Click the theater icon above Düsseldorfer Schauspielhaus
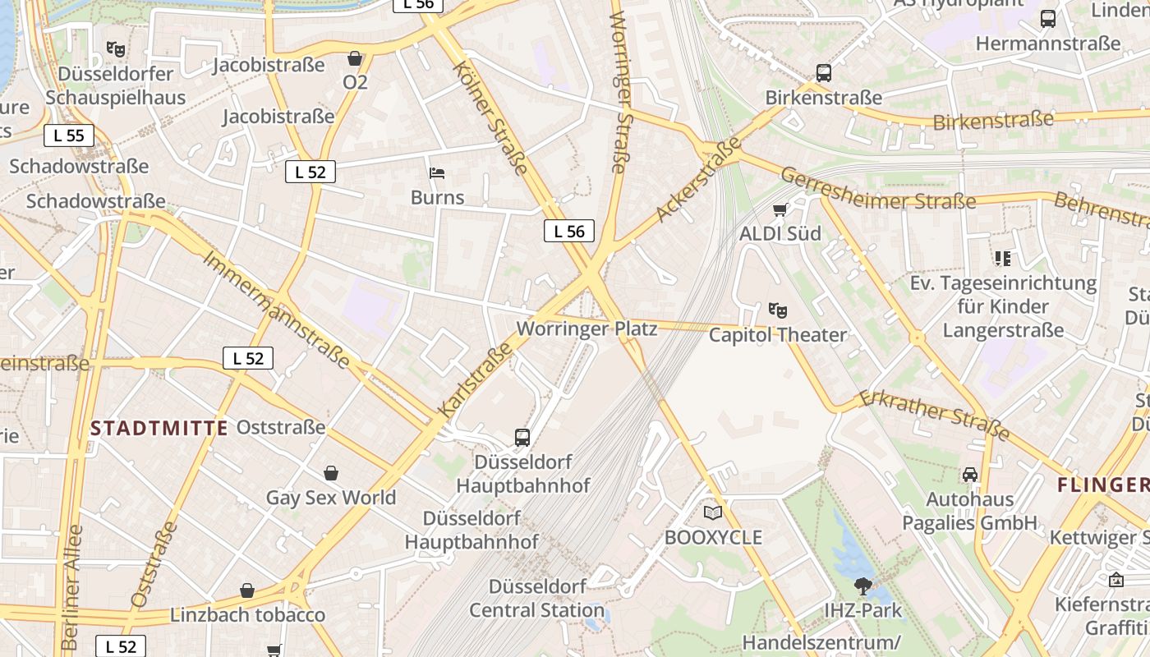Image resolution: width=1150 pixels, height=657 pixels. (x=116, y=49)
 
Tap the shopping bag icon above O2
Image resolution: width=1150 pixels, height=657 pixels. (x=355, y=58)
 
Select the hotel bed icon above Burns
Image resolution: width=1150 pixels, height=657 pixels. (x=437, y=173)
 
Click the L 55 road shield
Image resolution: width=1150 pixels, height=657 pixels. (x=69, y=136)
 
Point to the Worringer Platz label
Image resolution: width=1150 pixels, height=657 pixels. (x=586, y=329)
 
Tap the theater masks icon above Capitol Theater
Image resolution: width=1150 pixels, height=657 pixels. (x=777, y=310)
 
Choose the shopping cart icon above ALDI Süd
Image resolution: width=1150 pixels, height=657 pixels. (x=780, y=209)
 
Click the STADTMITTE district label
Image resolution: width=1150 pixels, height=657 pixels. (x=159, y=428)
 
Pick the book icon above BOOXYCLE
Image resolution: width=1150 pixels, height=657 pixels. (x=713, y=513)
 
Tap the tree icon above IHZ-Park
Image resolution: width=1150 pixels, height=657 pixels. (x=862, y=586)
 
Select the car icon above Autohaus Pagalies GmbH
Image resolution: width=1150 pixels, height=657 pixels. (x=970, y=475)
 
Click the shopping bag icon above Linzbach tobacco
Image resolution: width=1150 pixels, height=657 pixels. (x=247, y=590)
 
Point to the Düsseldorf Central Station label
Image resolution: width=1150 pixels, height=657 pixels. (x=537, y=599)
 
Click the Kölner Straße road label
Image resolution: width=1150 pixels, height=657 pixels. (x=490, y=117)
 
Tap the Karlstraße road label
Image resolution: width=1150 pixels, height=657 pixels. (x=475, y=379)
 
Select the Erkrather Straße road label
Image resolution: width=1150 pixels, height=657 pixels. (x=934, y=416)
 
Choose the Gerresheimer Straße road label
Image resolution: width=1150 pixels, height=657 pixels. (x=877, y=189)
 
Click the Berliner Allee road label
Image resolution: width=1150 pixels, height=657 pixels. (x=71, y=587)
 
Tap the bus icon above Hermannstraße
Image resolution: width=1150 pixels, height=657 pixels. (x=1047, y=19)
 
